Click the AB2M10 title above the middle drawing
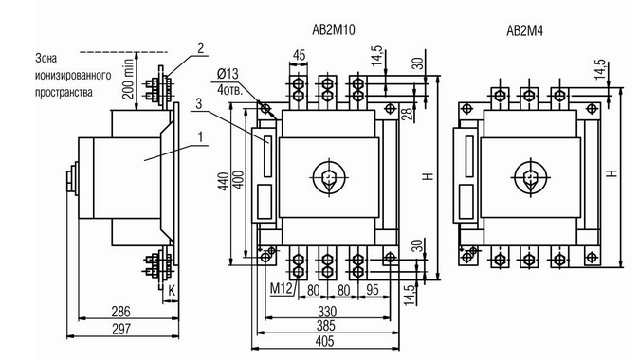click(334, 29)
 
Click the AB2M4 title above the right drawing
click(524, 30)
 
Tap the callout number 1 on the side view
click(200, 137)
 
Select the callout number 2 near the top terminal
click(200, 48)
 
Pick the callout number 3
click(198, 103)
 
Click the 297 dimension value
click(121, 329)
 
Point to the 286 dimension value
click(121, 312)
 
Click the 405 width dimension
click(325, 341)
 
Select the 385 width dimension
click(325, 325)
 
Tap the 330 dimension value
click(327, 312)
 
